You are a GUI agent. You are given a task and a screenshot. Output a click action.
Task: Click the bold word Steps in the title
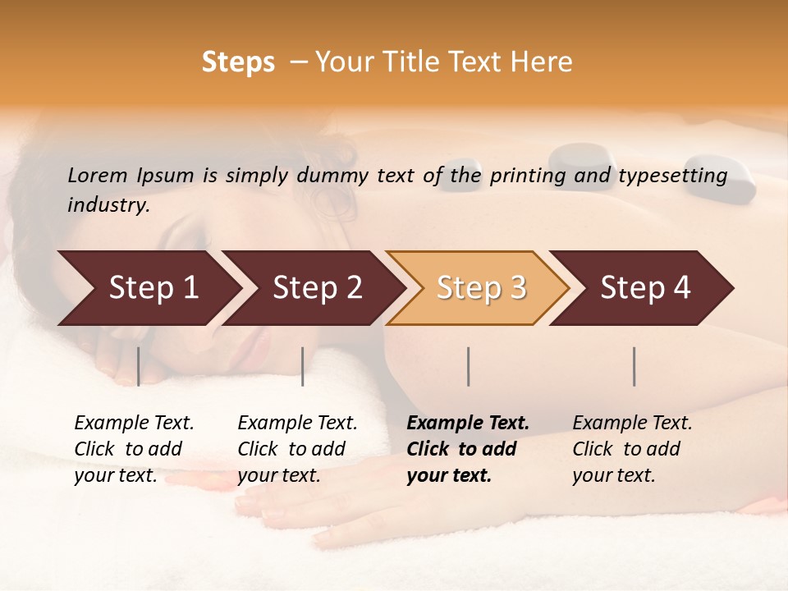coord(238,62)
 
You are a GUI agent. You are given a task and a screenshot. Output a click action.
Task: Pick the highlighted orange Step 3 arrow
coord(481,288)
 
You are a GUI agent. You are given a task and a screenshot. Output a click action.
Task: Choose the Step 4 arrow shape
coord(645,288)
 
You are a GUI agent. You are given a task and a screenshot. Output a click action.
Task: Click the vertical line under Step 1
coord(139,366)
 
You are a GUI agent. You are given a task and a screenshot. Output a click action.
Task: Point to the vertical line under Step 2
coord(303,366)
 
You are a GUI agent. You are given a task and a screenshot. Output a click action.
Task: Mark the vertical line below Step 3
coord(469,366)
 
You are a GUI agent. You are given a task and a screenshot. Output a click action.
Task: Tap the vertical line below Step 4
coord(635,366)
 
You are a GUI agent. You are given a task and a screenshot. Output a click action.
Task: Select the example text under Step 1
coord(134,449)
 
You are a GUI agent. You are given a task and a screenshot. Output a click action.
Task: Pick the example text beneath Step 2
coord(297,449)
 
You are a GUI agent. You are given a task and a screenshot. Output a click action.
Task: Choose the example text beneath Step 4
coord(632,449)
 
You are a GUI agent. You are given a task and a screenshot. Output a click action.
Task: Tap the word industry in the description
coord(108,205)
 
